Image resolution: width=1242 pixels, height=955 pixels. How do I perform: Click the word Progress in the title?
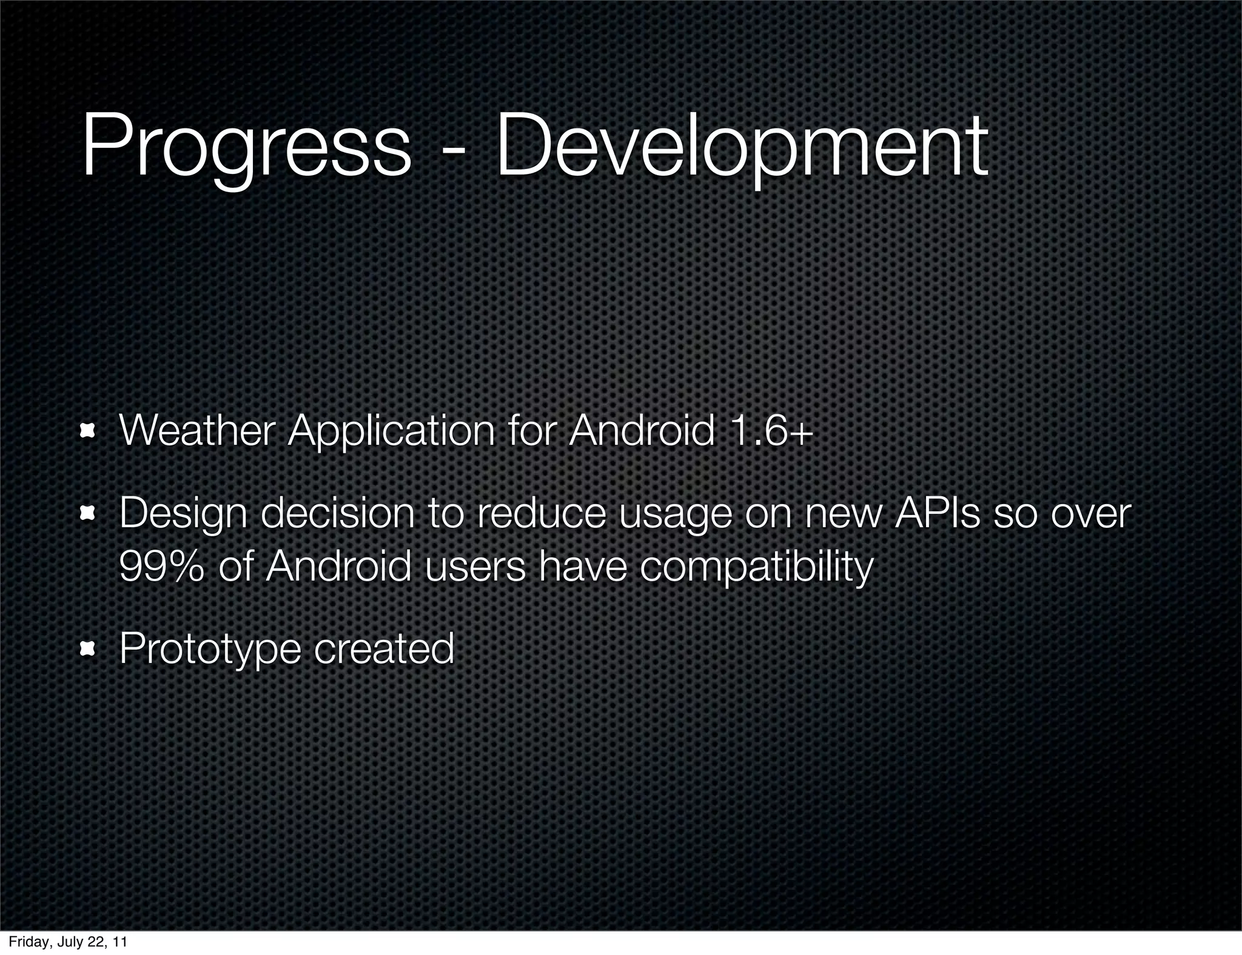pos(246,148)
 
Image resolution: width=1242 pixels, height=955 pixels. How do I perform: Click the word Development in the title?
pos(741,148)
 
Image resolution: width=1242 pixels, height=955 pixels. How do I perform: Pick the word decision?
pos(337,514)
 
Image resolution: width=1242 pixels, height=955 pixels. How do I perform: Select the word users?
pos(475,566)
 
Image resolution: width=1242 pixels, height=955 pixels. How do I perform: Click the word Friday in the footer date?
pos(24,942)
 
